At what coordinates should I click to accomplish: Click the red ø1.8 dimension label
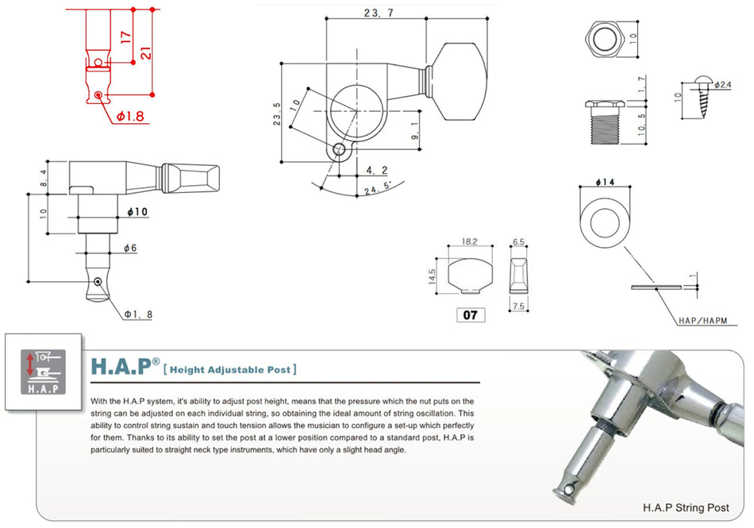pos(130,117)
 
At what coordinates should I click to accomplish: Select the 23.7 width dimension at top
pos(377,13)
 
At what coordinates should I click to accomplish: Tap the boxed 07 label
pos(470,315)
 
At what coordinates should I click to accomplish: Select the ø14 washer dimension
pos(606,183)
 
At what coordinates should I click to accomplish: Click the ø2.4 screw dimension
pos(722,84)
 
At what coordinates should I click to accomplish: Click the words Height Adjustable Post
pos(230,368)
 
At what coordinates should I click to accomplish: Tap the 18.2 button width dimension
pos(469,241)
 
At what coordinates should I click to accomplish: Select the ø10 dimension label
pos(137,213)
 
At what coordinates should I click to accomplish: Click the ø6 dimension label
pos(130,249)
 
